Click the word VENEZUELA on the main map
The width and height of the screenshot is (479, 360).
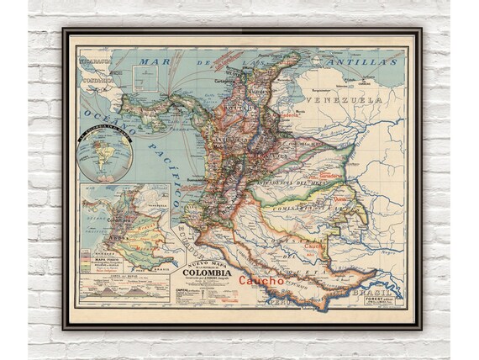[351, 99]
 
